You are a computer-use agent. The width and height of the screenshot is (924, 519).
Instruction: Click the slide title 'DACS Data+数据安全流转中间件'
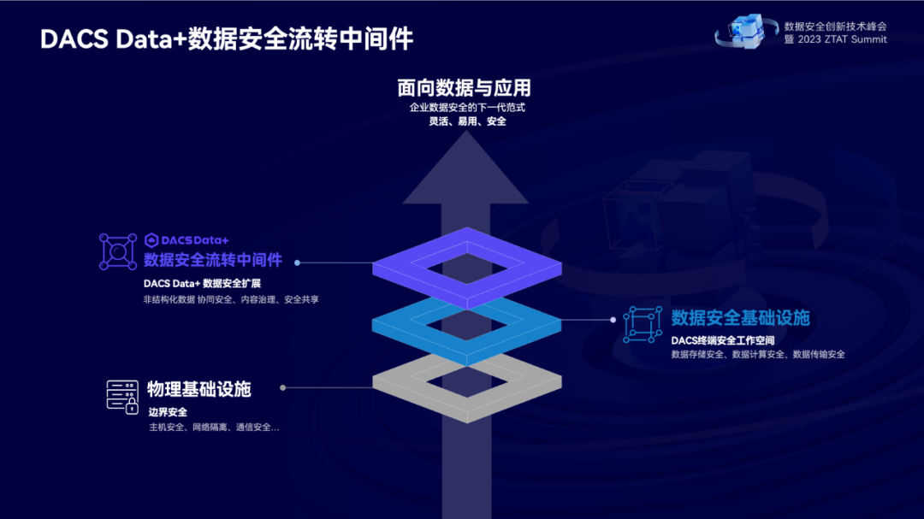(227, 39)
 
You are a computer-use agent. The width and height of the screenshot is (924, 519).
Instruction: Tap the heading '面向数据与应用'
(465, 88)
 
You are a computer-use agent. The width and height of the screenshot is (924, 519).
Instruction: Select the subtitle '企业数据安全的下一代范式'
(467, 107)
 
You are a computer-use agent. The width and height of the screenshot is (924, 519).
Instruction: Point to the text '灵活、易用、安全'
(467, 121)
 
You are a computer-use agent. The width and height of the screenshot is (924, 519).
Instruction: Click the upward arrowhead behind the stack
(466, 171)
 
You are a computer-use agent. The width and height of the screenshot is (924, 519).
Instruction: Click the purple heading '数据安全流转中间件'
(213, 260)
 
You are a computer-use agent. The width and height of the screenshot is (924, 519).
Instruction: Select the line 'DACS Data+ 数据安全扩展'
(202, 283)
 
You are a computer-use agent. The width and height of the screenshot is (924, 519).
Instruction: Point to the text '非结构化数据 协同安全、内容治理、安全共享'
(231, 300)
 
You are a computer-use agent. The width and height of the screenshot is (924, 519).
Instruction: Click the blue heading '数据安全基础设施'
(740, 318)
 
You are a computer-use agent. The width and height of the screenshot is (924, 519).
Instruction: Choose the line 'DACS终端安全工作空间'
(722, 340)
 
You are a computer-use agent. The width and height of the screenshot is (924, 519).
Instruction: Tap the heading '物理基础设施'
(199, 389)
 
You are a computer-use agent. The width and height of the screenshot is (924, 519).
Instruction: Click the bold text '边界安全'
(168, 412)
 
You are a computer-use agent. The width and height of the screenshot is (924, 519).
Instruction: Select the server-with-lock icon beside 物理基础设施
(122, 397)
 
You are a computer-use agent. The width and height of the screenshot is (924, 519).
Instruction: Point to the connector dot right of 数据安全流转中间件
(297, 262)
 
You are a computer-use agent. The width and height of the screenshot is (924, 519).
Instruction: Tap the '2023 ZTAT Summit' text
(842, 39)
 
